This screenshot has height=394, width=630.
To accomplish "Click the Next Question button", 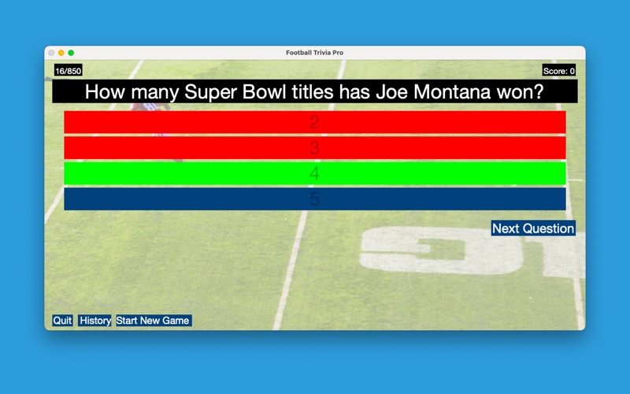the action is point(533,228).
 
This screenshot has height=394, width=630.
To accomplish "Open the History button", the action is point(94,321).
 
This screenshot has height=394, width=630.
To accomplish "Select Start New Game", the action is point(154,321).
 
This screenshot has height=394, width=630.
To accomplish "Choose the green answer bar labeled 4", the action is point(314,173).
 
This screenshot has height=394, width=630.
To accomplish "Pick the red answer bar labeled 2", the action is point(314,122).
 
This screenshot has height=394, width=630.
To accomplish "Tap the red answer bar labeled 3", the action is point(314,148).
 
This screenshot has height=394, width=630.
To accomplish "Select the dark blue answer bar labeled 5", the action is point(314,199).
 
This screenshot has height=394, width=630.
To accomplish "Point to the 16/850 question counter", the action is point(69,71).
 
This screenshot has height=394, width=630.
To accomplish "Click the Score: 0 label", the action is point(559,71).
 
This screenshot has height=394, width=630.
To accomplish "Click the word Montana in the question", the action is point(452,91).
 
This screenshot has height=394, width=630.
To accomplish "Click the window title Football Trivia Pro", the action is point(314,53).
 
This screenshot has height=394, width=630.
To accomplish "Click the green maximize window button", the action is point(71,53).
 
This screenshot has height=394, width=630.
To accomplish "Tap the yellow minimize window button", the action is point(61,53).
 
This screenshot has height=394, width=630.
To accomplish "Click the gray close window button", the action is point(51,53).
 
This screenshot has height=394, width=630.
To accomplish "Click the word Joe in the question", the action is point(392,91).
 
